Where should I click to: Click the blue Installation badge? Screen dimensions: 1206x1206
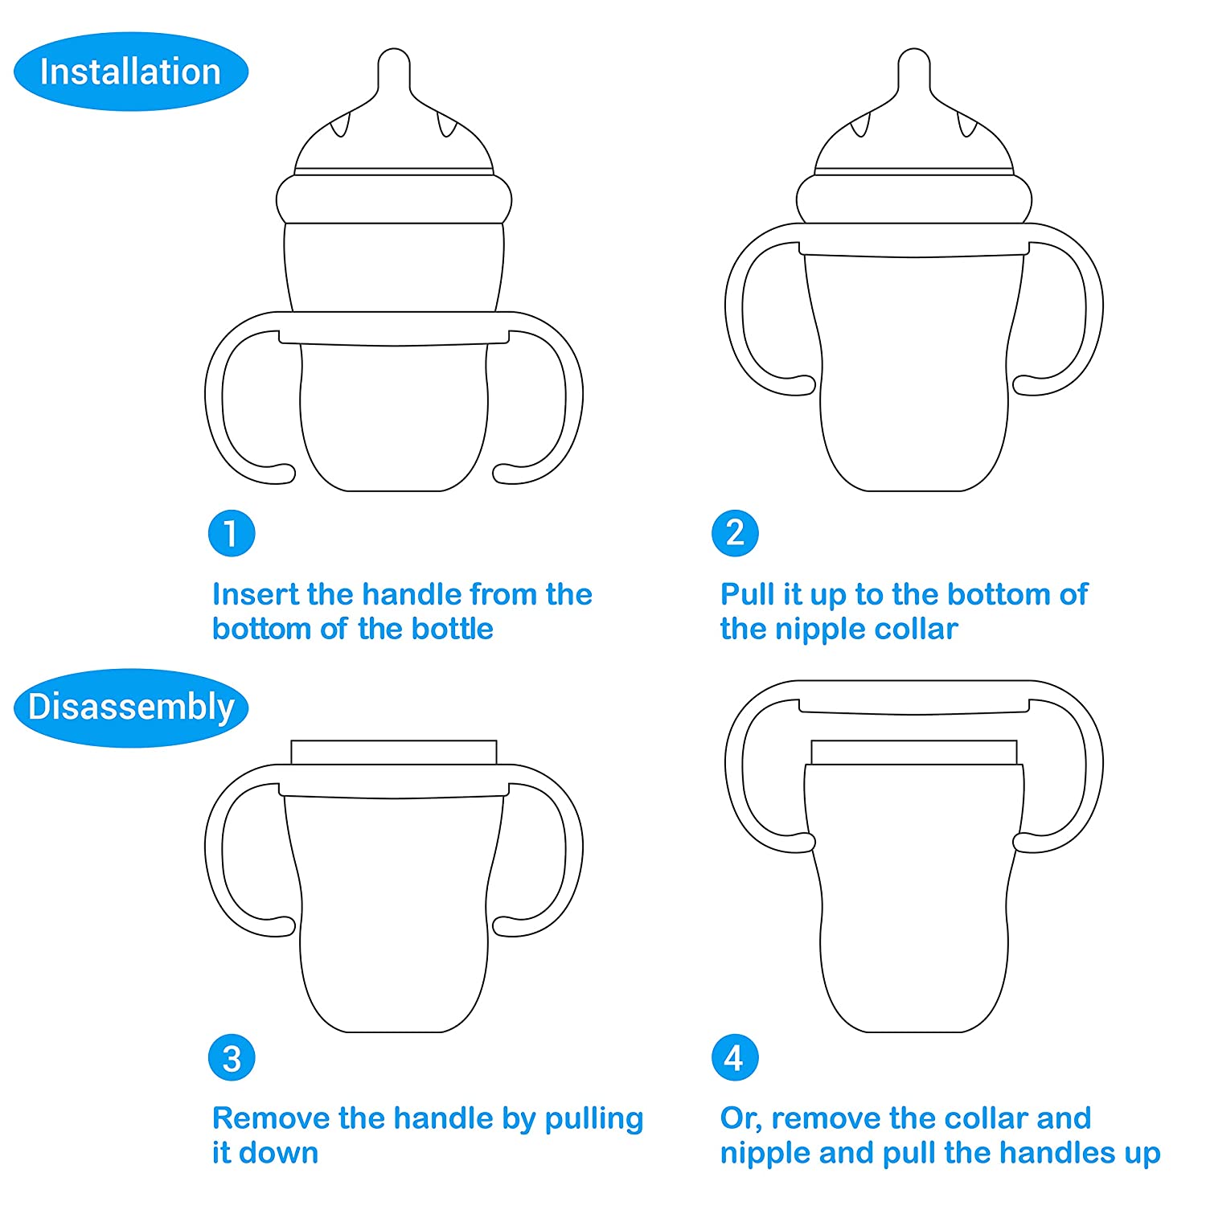(x=130, y=72)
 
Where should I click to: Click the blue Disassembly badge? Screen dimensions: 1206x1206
(x=130, y=708)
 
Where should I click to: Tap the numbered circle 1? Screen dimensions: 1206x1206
(x=232, y=533)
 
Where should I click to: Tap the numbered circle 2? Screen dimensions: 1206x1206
(x=735, y=533)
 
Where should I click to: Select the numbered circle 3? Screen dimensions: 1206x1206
(x=232, y=1058)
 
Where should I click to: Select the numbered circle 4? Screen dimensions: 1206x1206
(x=735, y=1058)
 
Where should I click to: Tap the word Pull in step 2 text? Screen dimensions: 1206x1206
(x=747, y=594)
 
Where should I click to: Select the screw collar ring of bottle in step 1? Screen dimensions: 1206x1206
(x=394, y=199)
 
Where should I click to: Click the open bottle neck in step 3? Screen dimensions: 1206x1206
(x=394, y=752)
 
